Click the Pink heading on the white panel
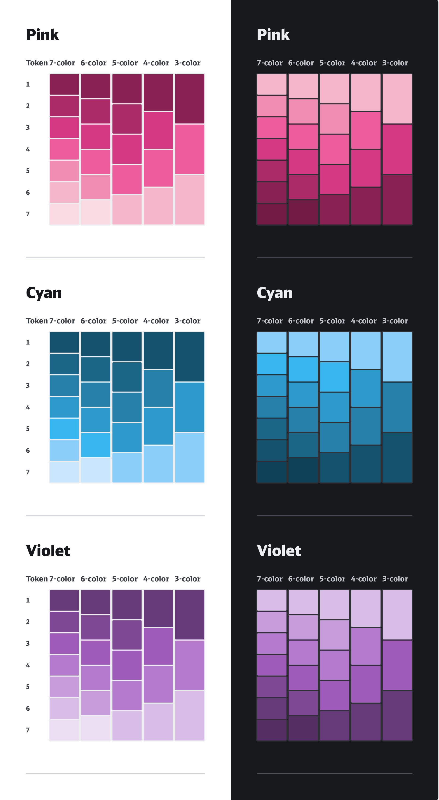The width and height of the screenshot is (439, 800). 43,35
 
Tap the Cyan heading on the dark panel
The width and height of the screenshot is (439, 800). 274,293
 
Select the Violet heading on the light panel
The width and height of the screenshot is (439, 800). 48,551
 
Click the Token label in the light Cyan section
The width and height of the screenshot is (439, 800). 37,321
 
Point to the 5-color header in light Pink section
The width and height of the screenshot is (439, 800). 125,63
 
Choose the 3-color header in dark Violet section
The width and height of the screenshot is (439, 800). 395,579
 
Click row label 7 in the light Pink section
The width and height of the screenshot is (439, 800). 28,214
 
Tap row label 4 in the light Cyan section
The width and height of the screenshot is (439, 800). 28,407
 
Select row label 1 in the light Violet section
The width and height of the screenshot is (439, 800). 28,600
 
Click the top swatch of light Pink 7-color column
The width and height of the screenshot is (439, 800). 64,84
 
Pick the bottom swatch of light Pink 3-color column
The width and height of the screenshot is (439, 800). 190,200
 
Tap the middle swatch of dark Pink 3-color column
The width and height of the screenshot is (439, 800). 397,149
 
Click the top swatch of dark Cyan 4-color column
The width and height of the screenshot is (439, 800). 366,350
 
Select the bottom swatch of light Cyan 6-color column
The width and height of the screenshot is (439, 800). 96,470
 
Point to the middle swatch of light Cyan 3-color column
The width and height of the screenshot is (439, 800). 190,407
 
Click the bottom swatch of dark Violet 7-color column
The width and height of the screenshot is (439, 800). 272,730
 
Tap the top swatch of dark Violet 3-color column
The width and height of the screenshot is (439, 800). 397,615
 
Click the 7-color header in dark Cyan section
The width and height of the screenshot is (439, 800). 270,321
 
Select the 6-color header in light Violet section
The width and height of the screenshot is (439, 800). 94,579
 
